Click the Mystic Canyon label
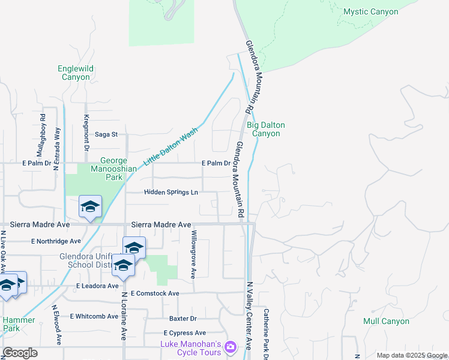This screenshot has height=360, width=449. pyautogui.click(x=370, y=11)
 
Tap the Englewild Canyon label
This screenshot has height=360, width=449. pyautogui.click(x=76, y=73)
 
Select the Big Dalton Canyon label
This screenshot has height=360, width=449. pyautogui.click(x=266, y=129)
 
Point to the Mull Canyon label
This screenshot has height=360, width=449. pyautogui.click(x=386, y=322)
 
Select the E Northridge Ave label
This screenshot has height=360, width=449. pyautogui.click(x=55, y=241)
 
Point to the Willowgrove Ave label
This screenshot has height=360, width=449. pyautogui.click(x=193, y=255)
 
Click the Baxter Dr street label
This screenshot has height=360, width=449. pyautogui.click(x=183, y=319)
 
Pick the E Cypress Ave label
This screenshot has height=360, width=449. pyautogui.click(x=184, y=333)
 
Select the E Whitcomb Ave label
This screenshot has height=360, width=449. pyautogui.click(x=94, y=316)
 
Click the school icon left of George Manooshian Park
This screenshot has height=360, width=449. pyautogui.click(x=90, y=207)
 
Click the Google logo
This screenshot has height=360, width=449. pyautogui.click(x=20, y=353)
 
